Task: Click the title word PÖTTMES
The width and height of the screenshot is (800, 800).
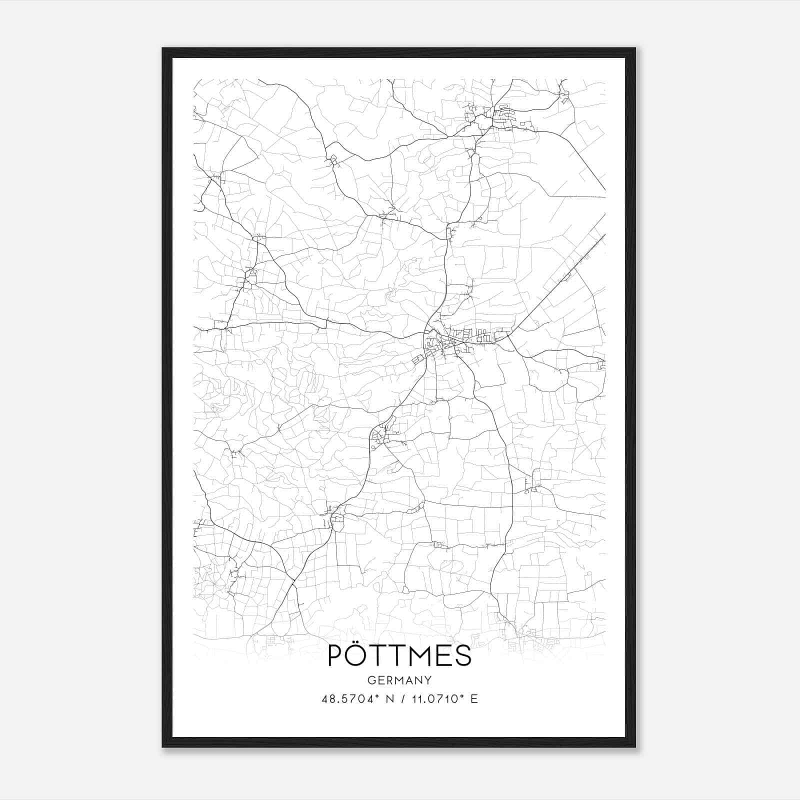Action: (399, 655)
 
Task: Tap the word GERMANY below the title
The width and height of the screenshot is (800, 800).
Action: (399, 680)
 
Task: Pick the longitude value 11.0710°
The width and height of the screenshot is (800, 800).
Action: (435, 699)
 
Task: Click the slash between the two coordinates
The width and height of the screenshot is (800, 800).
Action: (402, 699)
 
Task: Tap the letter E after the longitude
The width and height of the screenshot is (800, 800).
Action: (474, 699)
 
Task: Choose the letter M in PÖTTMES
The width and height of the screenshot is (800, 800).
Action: (424, 656)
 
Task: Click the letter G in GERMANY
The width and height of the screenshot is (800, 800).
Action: (370, 680)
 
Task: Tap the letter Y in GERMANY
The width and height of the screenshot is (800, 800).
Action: (428, 680)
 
